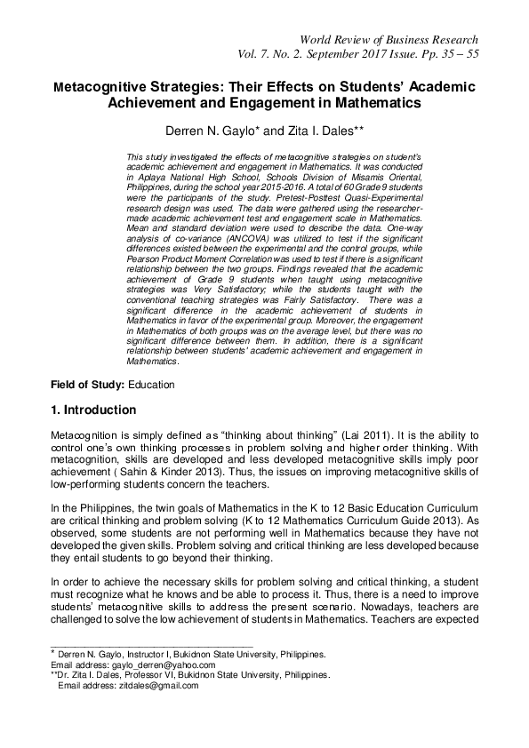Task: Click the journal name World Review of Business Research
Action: click(390, 40)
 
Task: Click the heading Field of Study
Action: click(87, 386)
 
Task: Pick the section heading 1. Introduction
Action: click(93, 410)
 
